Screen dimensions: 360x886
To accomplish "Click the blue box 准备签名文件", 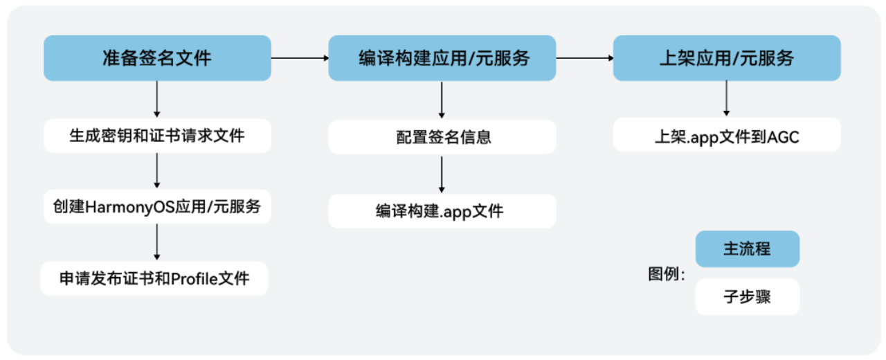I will click(x=157, y=58).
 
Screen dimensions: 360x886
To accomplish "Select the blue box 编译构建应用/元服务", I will click(x=442, y=58).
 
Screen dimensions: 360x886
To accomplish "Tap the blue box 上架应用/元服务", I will click(x=726, y=58).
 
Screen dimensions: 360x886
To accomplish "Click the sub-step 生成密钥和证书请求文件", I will click(x=157, y=136).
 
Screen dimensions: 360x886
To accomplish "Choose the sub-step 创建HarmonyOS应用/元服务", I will click(x=157, y=206).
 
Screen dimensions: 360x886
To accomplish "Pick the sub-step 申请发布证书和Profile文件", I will click(x=154, y=279).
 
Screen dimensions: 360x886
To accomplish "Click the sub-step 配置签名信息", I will click(x=442, y=136).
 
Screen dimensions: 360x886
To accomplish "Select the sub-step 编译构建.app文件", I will click(x=442, y=211).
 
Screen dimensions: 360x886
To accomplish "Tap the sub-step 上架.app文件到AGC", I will click(x=726, y=136).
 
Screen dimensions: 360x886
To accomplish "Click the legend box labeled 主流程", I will click(x=747, y=249).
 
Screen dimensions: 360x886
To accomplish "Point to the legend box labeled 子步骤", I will click(x=747, y=297).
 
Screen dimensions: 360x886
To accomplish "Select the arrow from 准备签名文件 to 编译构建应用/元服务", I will click(x=300, y=58).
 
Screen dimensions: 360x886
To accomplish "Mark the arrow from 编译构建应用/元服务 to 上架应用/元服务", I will click(x=585, y=58).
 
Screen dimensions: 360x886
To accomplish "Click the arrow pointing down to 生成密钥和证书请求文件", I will click(x=157, y=99).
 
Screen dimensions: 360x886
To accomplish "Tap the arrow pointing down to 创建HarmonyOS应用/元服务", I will click(x=157, y=170).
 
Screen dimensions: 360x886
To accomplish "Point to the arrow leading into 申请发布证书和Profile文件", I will click(x=157, y=242).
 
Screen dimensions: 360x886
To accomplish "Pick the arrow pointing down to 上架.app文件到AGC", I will click(x=726, y=98).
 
